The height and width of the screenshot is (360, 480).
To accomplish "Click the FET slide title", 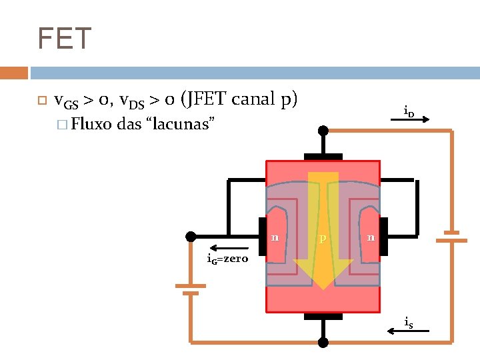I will click(x=63, y=39).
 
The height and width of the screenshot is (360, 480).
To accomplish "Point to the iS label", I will click(x=408, y=323).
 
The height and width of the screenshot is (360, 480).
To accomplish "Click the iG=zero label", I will click(x=227, y=259).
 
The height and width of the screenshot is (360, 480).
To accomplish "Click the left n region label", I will click(x=274, y=236).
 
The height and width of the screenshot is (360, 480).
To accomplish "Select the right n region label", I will click(x=371, y=237).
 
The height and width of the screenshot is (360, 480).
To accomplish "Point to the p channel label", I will click(x=322, y=238).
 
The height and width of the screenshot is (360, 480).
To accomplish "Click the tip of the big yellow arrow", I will click(x=323, y=287).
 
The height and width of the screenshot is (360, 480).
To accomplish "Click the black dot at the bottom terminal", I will click(x=323, y=342).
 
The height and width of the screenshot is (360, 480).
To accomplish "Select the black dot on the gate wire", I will click(x=191, y=237).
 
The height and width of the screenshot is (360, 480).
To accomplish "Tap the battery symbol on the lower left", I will click(x=191, y=289).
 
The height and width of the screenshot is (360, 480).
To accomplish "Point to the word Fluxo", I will click(x=91, y=124).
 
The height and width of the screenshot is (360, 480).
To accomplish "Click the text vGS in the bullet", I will click(x=65, y=101).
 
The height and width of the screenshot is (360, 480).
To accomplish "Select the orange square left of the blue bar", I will click(x=13, y=73).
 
